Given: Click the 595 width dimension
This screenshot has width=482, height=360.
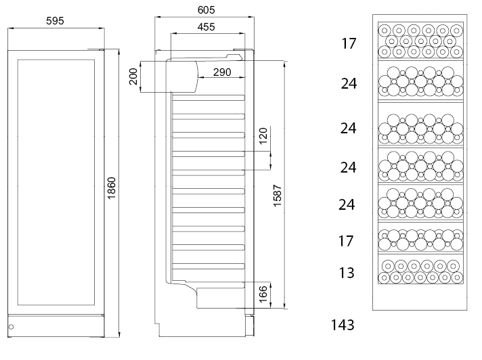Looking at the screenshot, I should pyautogui.click(x=55, y=21).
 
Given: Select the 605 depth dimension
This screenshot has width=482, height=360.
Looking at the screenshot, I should pyautogui.click(x=206, y=9).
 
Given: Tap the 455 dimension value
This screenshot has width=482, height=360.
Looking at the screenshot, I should pyautogui.click(x=206, y=27).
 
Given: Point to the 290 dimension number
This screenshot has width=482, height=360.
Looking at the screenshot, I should pyautogui.click(x=222, y=72).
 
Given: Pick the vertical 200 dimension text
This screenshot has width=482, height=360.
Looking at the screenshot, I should pyautogui.click(x=133, y=76).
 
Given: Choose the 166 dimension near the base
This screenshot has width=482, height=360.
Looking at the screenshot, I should pyautogui.click(x=263, y=295).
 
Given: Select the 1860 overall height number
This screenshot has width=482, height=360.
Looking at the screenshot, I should pyautogui.click(x=112, y=189).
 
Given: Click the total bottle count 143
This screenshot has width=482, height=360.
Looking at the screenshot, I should pyautogui.click(x=343, y=325).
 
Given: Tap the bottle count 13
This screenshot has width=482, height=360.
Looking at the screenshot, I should pyautogui.click(x=347, y=273).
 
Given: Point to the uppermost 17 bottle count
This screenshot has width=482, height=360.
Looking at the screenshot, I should pyautogui.click(x=348, y=44).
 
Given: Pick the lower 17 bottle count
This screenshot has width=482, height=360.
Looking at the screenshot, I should pyautogui.click(x=346, y=240).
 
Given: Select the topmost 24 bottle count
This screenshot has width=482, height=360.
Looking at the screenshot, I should pyautogui.click(x=349, y=84).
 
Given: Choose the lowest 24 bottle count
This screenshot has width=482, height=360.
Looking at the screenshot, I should pyautogui.click(x=347, y=204).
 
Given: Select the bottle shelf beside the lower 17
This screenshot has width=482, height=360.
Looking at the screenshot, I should pyautogui.click(x=420, y=239).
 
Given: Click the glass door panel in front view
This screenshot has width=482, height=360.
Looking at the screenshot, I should pyautogui.click(x=55, y=183).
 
